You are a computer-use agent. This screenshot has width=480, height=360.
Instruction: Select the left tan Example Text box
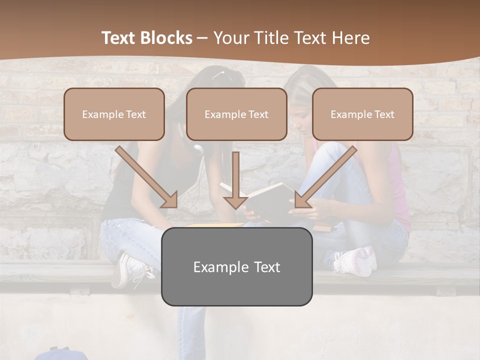(x=114, y=114)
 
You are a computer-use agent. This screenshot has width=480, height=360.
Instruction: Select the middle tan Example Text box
(x=236, y=114)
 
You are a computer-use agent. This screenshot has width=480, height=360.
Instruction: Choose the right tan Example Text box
(x=362, y=114)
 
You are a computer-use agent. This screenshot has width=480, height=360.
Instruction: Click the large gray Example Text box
(x=236, y=266)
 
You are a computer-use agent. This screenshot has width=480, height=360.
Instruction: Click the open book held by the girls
(x=265, y=197)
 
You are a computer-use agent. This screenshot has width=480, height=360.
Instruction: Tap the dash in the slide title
(x=202, y=38)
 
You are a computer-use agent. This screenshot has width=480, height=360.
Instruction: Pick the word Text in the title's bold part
(x=119, y=38)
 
